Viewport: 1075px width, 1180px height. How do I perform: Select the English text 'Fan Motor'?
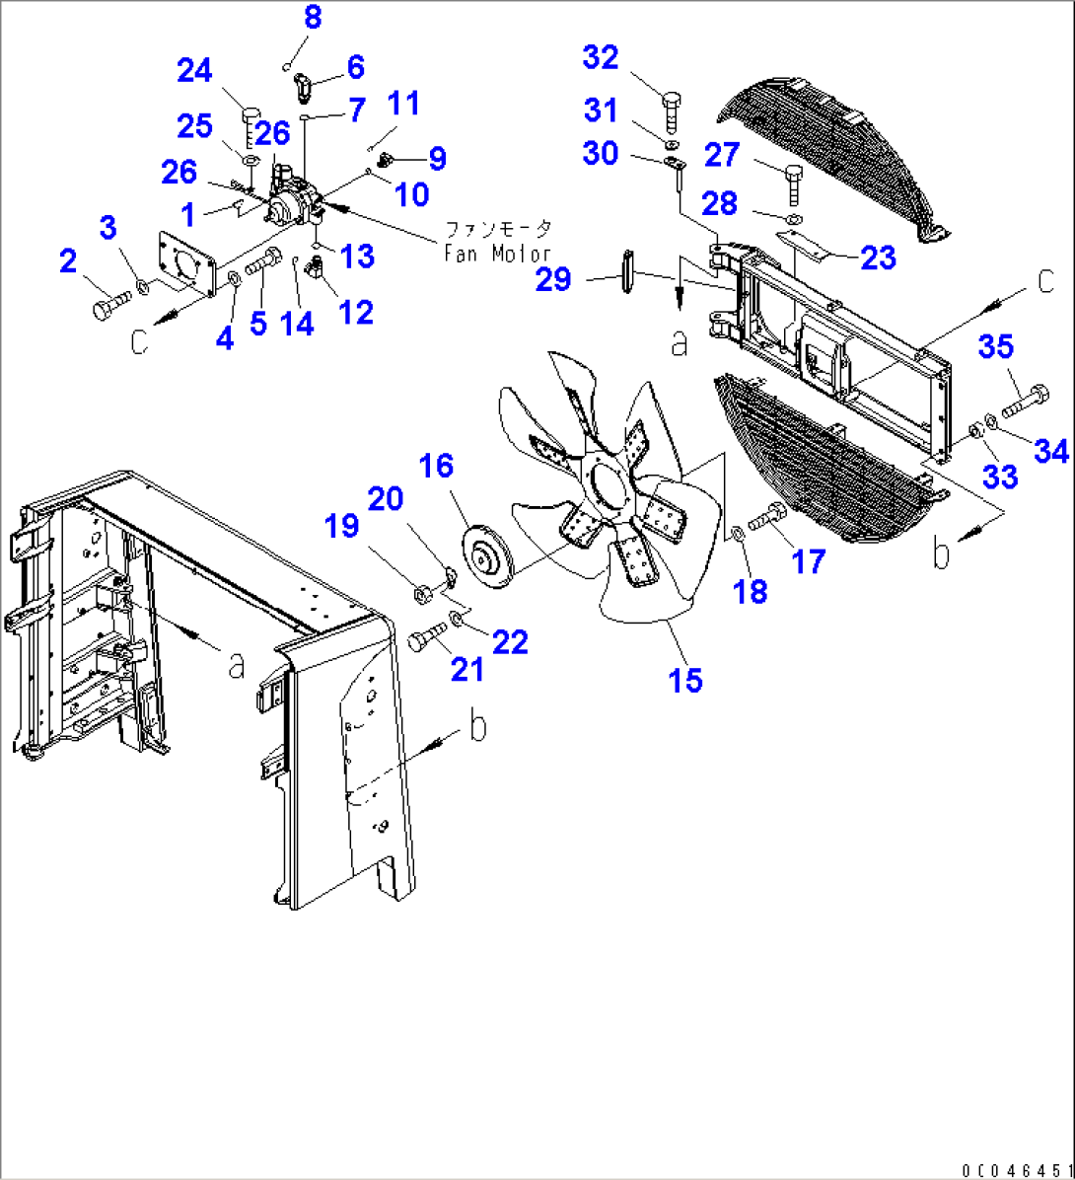[x=498, y=254]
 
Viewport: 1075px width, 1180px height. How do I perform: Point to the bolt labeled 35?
[x=1027, y=403]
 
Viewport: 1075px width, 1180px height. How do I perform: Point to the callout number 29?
[x=553, y=280]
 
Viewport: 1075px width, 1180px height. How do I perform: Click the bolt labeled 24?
[x=250, y=123]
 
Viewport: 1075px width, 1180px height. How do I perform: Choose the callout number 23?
[x=878, y=258]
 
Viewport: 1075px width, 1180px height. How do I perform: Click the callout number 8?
[x=312, y=17]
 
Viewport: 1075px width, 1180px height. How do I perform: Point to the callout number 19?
[x=343, y=527]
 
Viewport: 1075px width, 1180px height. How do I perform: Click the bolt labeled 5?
[x=261, y=266]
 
